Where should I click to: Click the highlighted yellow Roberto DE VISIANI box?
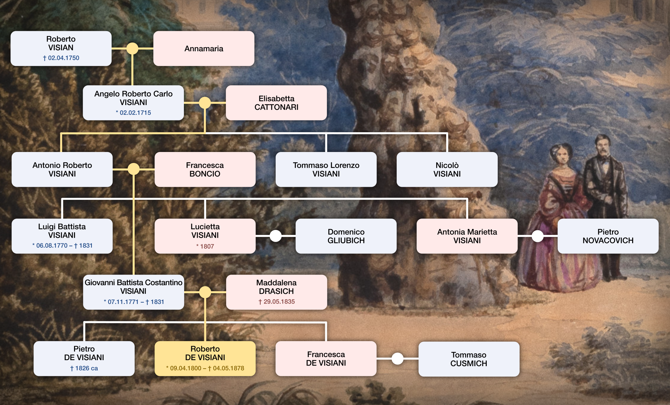(x=205, y=358)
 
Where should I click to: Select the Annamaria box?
(x=204, y=49)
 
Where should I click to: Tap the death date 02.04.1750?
(x=61, y=58)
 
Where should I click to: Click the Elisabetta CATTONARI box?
(x=276, y=103)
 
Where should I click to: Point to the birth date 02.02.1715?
(x=133, y=113)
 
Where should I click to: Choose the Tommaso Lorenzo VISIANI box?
(x=326, y=169)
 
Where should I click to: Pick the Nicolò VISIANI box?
(x=447, y=169)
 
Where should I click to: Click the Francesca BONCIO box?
(x=205, y=169)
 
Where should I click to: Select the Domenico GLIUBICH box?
(x=346, y=236)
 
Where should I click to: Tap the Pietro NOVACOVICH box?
(x=608, y=236)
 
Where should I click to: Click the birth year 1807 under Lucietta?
(x=205, y=246)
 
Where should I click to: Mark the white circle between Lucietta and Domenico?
(x=276, y=236)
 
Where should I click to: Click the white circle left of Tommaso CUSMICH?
(x=397, y=359)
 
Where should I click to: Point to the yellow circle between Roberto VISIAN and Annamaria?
(x=132, y=49)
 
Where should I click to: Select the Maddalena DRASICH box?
(x=276, y=292)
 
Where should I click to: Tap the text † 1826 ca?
(x=84, y=368)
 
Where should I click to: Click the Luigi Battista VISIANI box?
(x=62, y=236)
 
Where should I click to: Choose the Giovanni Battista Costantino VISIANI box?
(x=133, y=292)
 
